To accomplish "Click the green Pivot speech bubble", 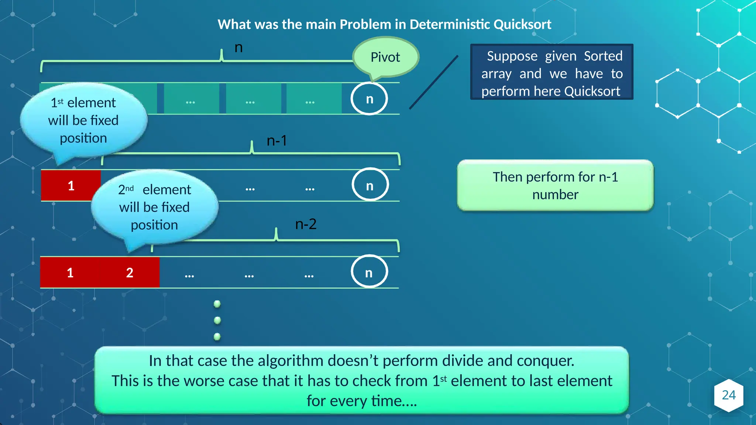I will (x=385, y=57).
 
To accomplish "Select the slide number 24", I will (x=728, y=395).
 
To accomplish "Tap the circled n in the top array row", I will (x=369, y=99).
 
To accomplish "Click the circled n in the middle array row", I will (x=370, y=186).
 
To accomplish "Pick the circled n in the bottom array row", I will (x=369, y=272).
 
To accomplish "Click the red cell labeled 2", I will (x=130, y=273).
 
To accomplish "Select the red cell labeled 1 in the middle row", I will (x=71, y=186).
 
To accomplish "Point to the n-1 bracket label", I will (x=276, y=141).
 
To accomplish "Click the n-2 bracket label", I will (x=306, y=224).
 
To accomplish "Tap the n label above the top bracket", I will (x=238, y=48).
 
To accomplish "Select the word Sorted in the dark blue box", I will (x=603, y=56).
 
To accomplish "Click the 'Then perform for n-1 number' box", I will (x=555, y=186).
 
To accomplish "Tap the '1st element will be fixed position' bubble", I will (x=83, y=120).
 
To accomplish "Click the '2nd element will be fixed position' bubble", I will (x=154, y=207).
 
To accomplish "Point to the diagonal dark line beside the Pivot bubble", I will (x=434, y=82).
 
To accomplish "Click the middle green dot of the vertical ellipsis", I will (x=217, y=320).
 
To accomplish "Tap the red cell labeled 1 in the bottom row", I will (x=70, y=273).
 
